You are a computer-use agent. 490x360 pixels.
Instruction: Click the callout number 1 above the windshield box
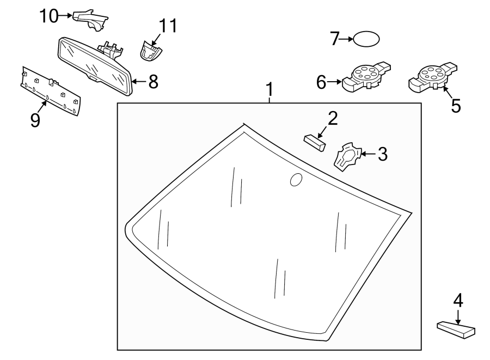pyautogui.click(x=268, y=89)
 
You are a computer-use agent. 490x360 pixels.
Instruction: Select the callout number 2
pyautogui.click(x=332, y=118)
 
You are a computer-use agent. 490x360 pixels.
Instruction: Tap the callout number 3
pyautogui.click(x=382, y=154)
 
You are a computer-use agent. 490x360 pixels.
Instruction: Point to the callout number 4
pyautogui.click(x=458, y=300)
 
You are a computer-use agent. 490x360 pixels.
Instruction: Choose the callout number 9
pyautogui.click(x=35, y=119)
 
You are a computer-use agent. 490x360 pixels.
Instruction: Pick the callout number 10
pyautogui.click(x=48, y=16)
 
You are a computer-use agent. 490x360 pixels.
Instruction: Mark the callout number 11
pyautogui.click(x=168, y=26)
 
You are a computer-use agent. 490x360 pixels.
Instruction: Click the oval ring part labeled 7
pyautogui.click(x=366, y=39)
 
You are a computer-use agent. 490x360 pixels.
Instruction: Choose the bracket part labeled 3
pyautogui.click(x=346, y=156)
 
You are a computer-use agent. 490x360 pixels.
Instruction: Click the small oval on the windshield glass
pyautogui.click(x=296, y=180)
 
